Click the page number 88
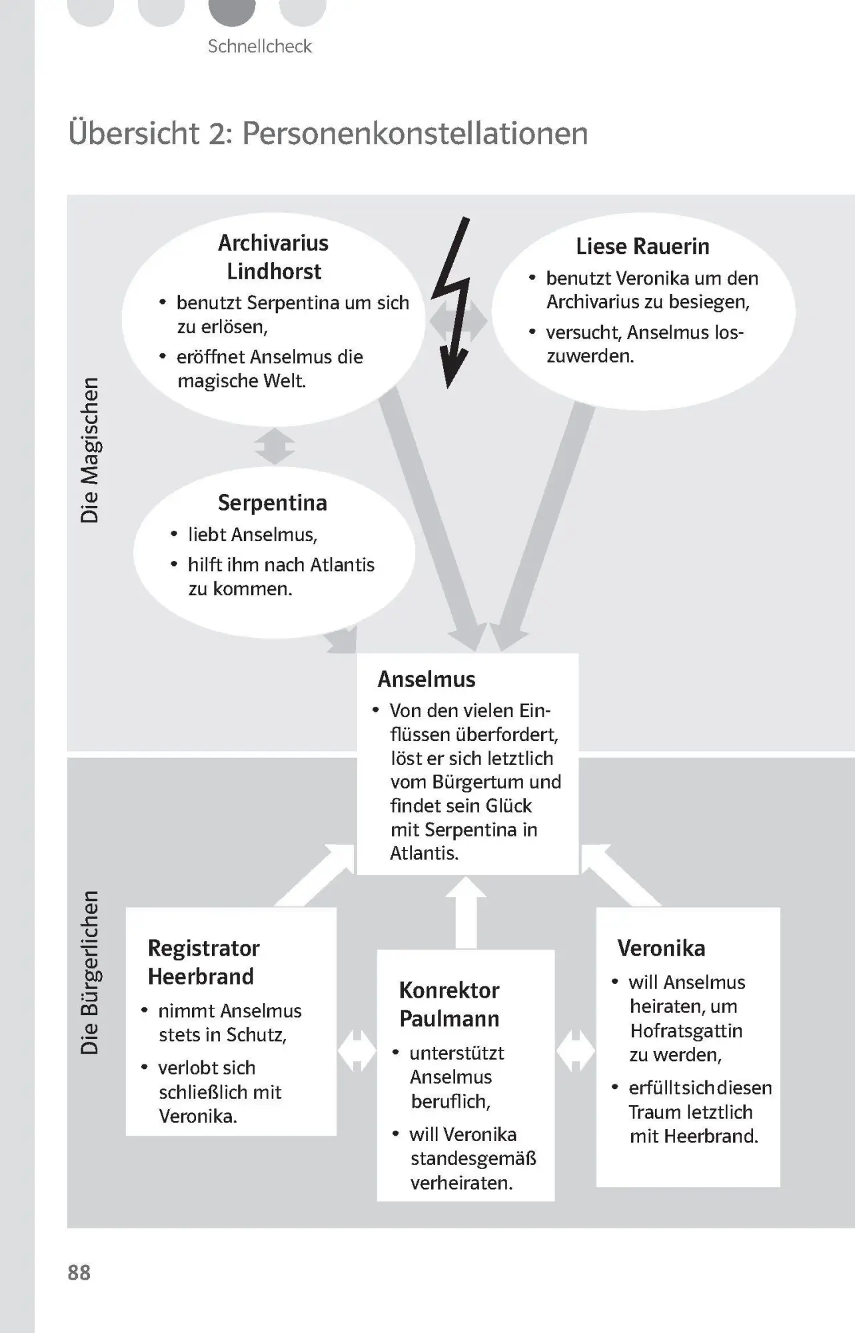click(x=79, y=1272)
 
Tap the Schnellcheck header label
click(x=260, y=46)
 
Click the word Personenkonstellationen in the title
click(x=415, y=133)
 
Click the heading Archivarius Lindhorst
click(x=273, y=257)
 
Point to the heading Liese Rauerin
click(x=642, y=246)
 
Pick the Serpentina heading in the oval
click(x=273, y=503)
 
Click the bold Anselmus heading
click(x=427, y=678)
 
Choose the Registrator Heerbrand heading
click(x=204, y=962)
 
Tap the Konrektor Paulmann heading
click(x=449, y=1004)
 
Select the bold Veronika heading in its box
click(x=661, y=948)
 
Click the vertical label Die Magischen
click(x=89, y=451)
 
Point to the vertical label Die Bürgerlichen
click(x=89, y=972)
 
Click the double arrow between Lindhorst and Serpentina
click(x=275, y=446)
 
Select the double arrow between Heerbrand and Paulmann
click(x=357, y=1050)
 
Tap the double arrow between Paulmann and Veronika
click(x=575, y=1050)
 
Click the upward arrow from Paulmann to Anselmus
click(x=466, y=912)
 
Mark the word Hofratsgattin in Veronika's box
click(x=686, y=1030)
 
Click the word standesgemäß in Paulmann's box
click(x=473, y=1159)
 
